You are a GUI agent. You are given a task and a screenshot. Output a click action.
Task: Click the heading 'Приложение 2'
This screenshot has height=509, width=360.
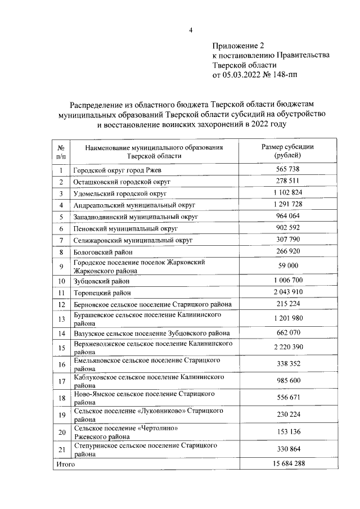pyautogui.click(x=238, y=45)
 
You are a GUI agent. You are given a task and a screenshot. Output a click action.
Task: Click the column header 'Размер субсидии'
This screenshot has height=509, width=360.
pyautogui.click(x=287, y=146)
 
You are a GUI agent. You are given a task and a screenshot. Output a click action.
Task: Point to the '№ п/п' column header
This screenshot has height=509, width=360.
pyautogui.click(x=61, y=151)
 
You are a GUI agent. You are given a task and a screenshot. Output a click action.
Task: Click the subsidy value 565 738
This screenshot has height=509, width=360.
pyautogui.click(x=287, y=169)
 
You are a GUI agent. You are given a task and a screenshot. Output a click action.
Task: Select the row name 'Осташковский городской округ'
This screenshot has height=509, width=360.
pyautogui.click(x=121, y=182)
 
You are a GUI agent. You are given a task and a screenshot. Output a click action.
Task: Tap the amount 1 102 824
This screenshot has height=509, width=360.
pyautogui.click(x=287, y=193)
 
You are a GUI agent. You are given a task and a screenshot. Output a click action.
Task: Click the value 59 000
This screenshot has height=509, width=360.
pyautogui.click(x=287, y=266)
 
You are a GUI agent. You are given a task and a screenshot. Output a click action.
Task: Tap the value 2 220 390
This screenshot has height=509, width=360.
pyautogui.click(x=287, y=346)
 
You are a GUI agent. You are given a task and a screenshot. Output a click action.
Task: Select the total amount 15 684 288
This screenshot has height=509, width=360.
pyautogui.click(x=287, y=465)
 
